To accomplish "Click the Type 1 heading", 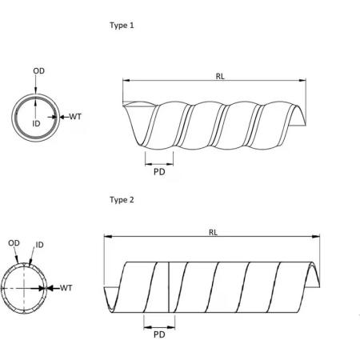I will click(122, 25).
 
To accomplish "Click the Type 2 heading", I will click(122, 198).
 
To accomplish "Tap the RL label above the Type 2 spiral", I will click(213, 232).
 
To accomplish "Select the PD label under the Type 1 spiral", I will click(158, 170).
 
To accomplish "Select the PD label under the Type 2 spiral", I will click(158, 334).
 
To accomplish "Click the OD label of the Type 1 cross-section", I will click(38, 71).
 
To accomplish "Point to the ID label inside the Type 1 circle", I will click(35, 125).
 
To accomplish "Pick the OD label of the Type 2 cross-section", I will click(14, 243).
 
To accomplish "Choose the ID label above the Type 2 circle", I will click(39, 243).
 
